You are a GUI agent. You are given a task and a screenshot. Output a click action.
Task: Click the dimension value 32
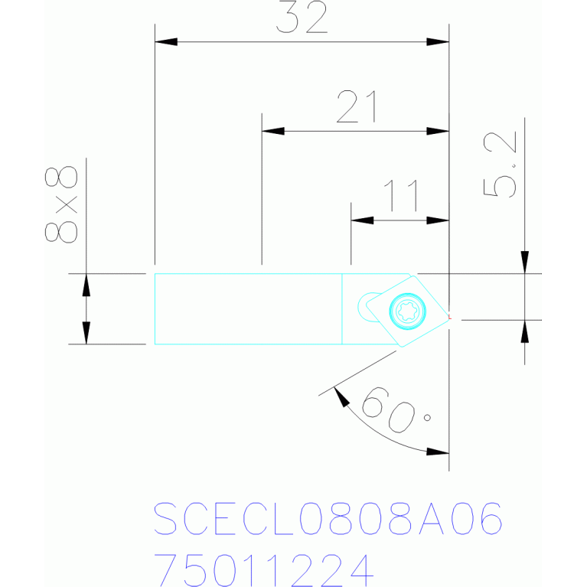pos(302,19)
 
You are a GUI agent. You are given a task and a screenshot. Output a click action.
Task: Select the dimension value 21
pos(357,108)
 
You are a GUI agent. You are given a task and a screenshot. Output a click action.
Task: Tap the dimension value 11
pos(401,196)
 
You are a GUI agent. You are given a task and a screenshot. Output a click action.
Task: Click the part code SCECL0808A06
pos(328,520)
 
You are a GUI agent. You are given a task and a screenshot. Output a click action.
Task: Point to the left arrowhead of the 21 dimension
pos(272,131)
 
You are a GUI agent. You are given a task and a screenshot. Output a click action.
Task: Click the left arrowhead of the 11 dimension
pos(361,220)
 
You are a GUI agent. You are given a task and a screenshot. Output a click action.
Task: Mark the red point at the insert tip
pos(449,316)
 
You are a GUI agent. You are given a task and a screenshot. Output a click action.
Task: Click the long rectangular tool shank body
pos(248,308)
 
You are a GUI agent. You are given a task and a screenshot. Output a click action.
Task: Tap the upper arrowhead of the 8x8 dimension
pos(86,283)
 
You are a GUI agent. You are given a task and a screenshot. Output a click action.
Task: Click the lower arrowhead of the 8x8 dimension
pos(86,334)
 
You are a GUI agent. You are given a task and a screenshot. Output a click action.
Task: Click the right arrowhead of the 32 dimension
pos(439,41)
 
